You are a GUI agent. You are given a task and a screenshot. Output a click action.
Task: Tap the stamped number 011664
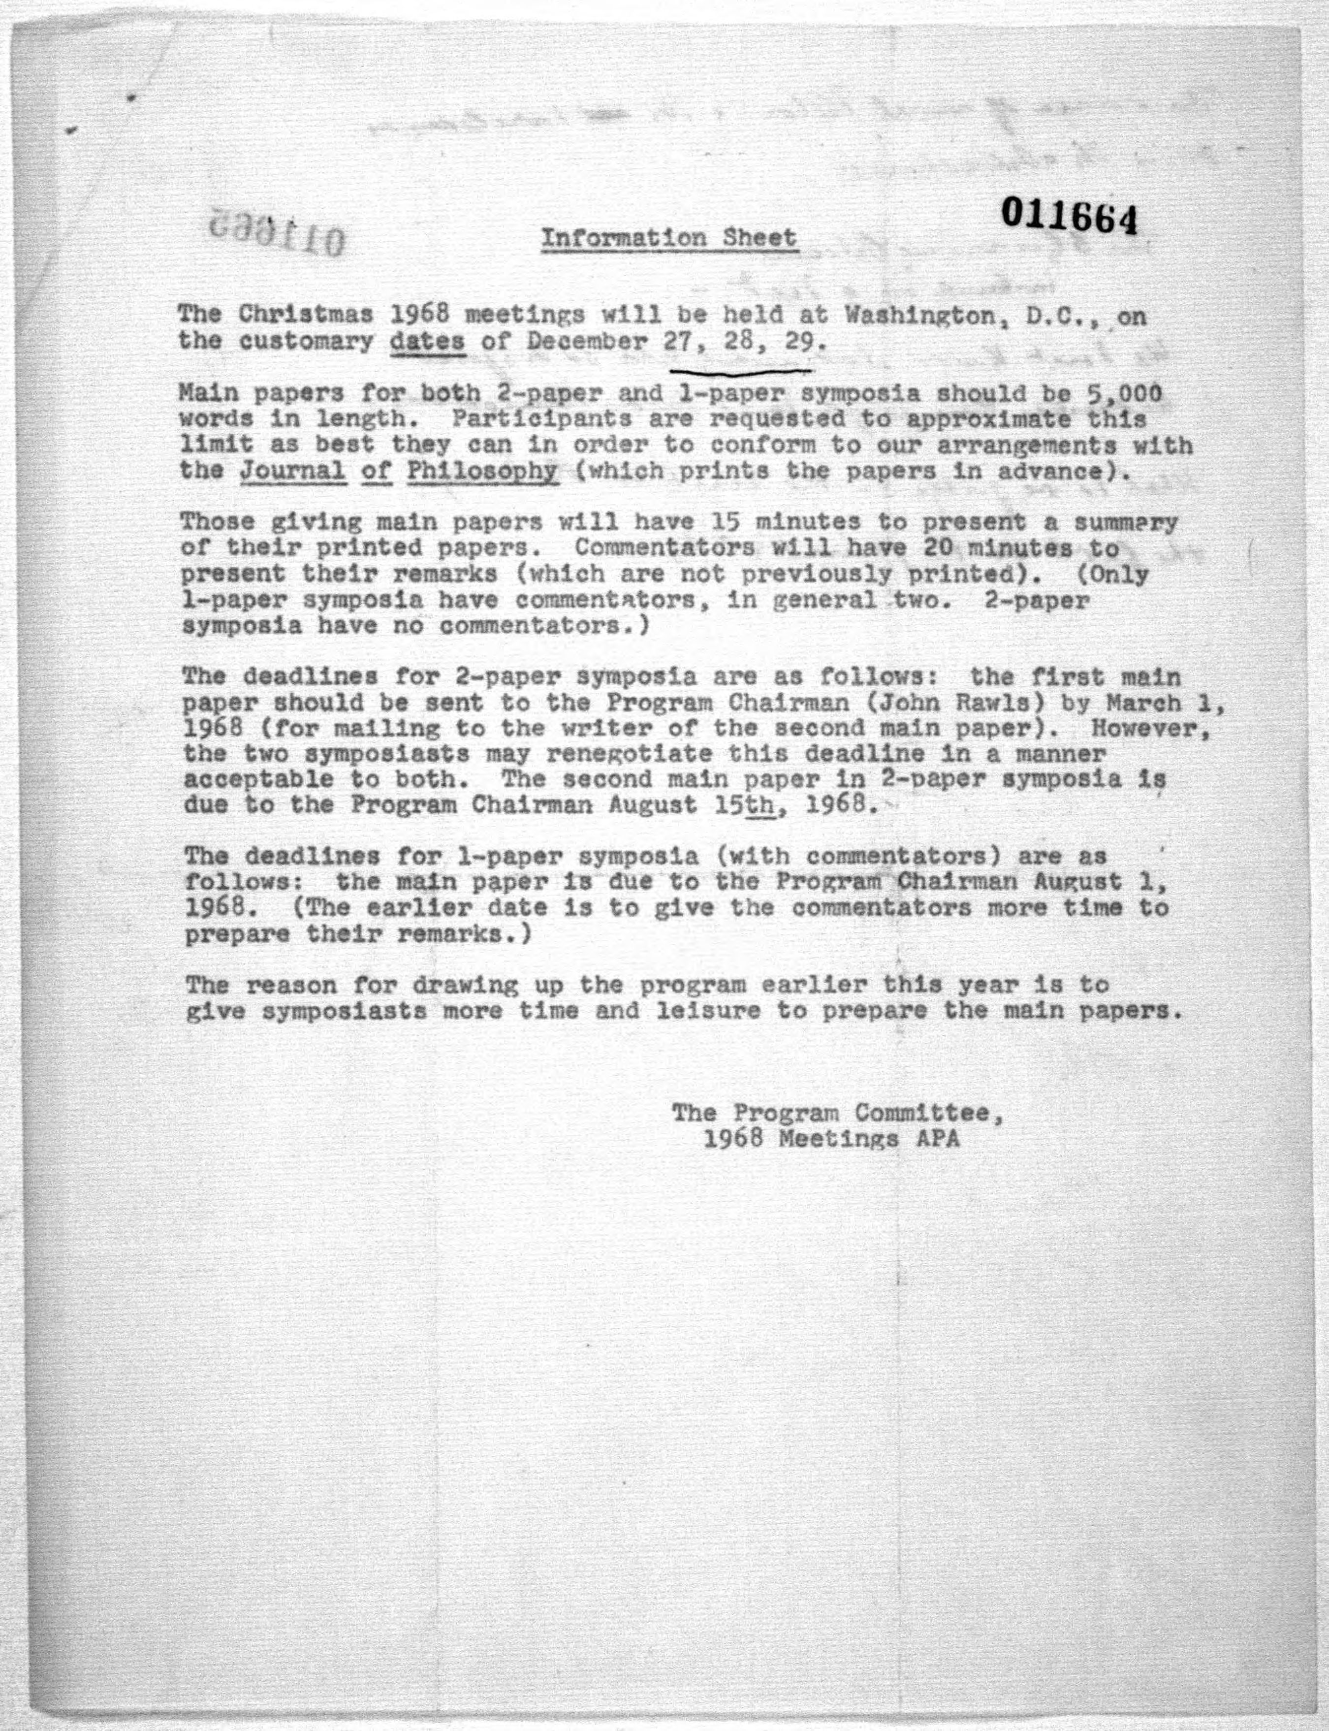pos(1069,216)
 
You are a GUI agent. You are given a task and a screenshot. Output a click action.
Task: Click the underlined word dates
pos(428,343)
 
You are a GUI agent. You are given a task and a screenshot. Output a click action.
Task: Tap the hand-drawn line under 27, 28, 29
pos(740,370)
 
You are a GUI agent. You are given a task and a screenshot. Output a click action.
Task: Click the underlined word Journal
pos(293,471)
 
